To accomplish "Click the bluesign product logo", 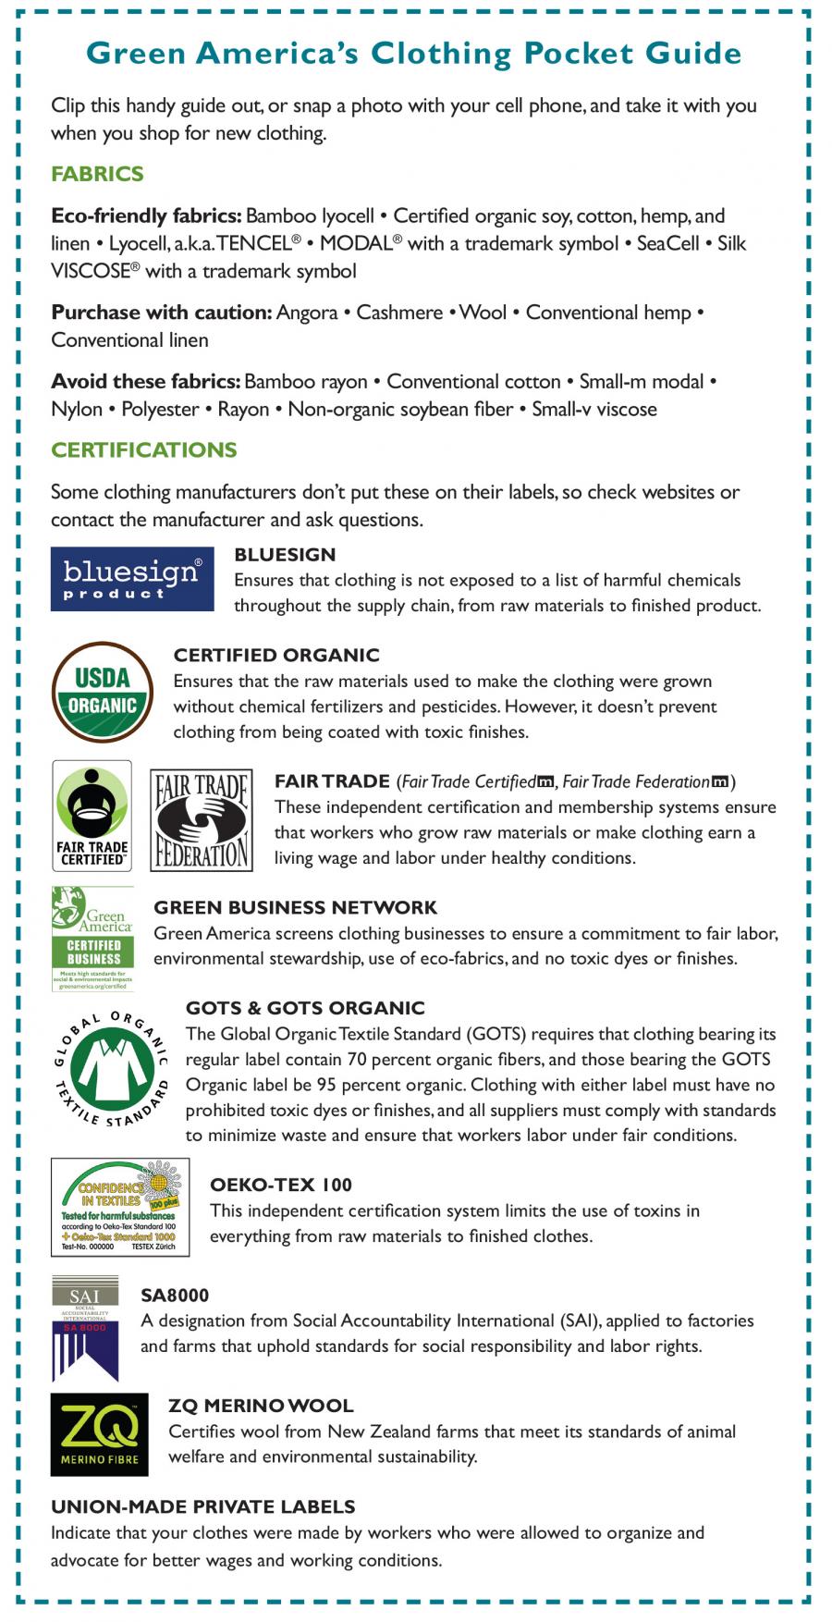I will point(132,579).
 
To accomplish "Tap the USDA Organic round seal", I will point(103,693).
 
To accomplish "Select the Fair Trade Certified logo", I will point(92,816).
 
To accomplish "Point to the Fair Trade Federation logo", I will point(202,819).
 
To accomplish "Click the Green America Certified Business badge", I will point(92,939).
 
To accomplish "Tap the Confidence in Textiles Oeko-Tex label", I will point(120,1207).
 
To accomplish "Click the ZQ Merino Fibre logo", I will point(99,1434).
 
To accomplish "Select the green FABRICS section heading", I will point(97,174).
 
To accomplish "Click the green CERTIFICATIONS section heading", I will point(144,450).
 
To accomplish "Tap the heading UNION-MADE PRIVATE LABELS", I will point(203,1506).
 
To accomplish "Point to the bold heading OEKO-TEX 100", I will point(281,1186).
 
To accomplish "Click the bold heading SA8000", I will point(175,1296).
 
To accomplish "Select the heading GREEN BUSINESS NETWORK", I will point(295,908).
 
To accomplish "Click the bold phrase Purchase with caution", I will point(161,313).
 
